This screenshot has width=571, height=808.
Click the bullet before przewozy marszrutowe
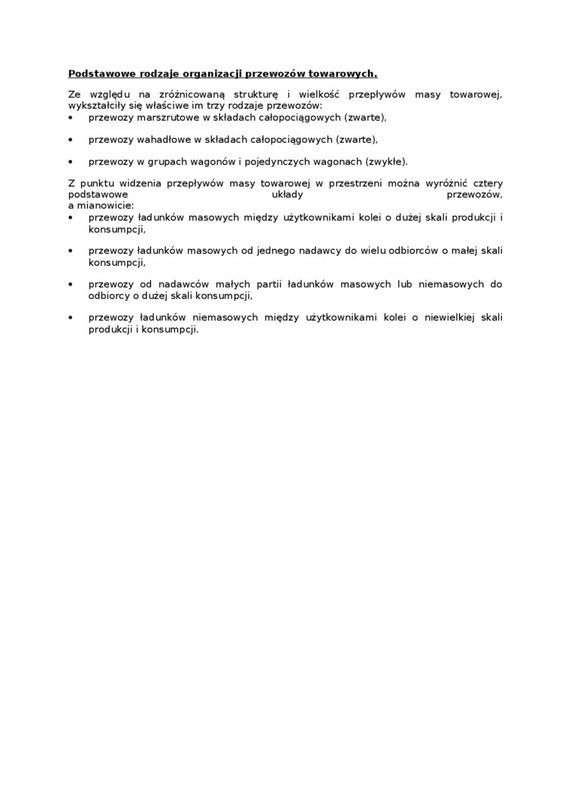point(71,118)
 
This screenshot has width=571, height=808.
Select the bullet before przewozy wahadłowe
point(71,140)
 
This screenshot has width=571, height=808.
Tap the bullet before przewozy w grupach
point(71,162)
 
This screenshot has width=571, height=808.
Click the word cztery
point(486,183)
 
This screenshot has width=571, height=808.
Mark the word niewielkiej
point(448,317)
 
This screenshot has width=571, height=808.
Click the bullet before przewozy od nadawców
point(71,285)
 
